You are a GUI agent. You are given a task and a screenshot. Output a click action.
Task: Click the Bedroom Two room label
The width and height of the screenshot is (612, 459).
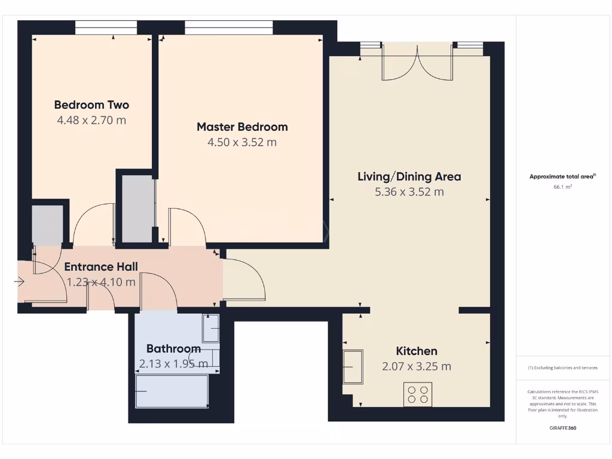tap(91, 105)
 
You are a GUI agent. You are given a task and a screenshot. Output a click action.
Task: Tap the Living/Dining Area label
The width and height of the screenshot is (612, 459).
tap(409, 177)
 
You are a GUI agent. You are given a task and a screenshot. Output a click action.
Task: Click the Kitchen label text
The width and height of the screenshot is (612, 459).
tap(417, 351)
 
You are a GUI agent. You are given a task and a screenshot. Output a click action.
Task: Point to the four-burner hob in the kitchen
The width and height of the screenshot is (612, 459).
tap(418, 394)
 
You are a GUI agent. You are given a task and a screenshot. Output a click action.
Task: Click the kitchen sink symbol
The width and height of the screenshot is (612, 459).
tap(353, 366)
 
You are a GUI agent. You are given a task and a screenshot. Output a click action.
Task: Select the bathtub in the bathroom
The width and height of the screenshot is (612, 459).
tap(172, 391)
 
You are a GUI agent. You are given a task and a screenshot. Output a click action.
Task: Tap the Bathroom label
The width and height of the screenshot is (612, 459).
tap(173, 348)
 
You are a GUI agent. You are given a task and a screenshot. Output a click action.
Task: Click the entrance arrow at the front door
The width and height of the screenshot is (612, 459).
tap(19, 281)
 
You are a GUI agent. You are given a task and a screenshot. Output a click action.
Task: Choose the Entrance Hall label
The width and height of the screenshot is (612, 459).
tap(101, 267)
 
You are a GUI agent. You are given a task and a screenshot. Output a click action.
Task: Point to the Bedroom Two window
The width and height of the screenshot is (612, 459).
tap(106, 27)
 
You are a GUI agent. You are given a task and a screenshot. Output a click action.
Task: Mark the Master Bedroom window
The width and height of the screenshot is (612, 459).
tap(229, 27)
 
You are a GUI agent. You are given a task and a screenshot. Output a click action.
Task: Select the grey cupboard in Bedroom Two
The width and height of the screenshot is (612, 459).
tap(47, 225)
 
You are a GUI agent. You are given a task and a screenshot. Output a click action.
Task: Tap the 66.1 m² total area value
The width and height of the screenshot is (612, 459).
tap(562, 187)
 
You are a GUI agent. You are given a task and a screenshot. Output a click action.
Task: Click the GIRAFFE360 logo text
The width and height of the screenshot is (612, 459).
tap(562, 428)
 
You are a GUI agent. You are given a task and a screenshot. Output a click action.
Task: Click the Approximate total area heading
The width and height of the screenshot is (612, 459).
tap(562, 176)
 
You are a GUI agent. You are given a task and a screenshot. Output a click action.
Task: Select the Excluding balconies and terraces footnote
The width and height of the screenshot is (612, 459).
tap(562, 368)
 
